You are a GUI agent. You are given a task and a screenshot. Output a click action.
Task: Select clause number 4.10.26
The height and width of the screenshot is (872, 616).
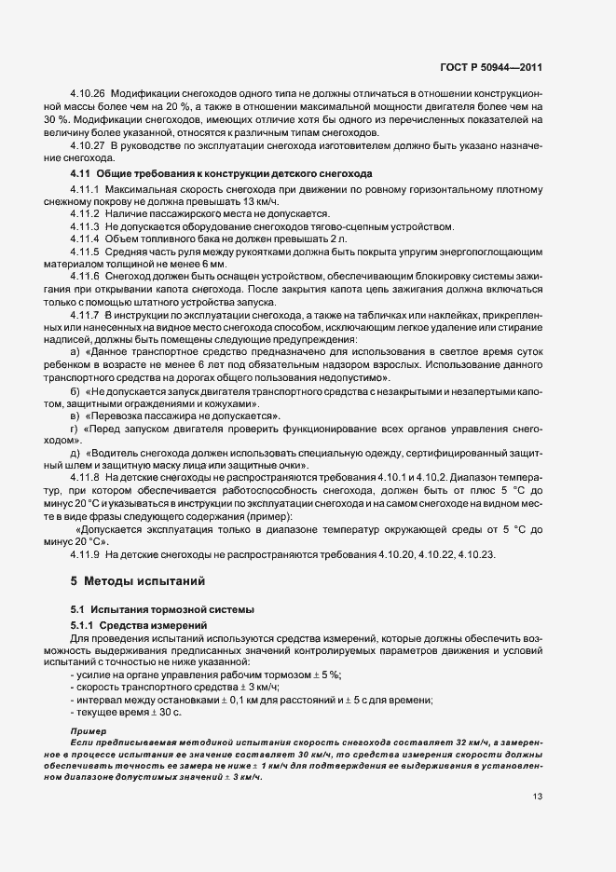click(89, 96)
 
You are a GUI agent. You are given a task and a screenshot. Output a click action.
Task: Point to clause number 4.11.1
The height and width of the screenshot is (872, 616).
click(85, 190)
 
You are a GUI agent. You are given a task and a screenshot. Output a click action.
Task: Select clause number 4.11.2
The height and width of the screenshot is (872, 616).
click(85, 214)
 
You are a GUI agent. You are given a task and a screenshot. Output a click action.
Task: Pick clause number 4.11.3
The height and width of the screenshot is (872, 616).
click(85, 226)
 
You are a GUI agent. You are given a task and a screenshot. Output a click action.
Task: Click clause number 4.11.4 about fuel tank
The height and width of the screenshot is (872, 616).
click(85, 238)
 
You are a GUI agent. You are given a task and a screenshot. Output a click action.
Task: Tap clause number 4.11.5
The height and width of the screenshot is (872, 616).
click(85, 252)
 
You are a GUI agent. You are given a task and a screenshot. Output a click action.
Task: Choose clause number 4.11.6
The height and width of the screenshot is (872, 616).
click(85, 277)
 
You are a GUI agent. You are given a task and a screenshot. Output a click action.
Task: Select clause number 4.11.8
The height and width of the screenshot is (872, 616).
click(85, 476)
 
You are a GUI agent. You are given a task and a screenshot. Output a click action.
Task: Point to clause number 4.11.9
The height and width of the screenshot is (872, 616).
click(85, 554)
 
